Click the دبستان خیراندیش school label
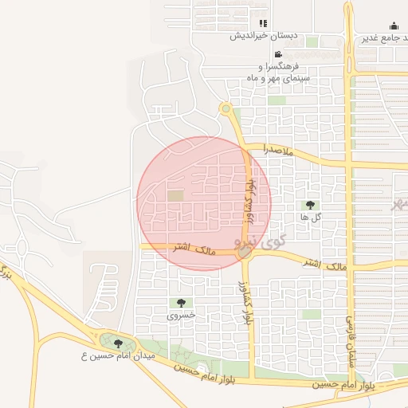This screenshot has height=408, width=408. click(264, 36)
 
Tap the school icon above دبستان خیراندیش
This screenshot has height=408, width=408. click(264, 23)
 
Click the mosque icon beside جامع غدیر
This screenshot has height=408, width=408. click(394, 25)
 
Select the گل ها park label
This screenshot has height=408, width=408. click(310, 217)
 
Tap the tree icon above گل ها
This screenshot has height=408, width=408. click(310, 205)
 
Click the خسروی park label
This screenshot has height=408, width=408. click(181, 315)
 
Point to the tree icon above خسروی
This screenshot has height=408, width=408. click(181, 303)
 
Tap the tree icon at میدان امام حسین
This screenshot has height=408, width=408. click(119, 344)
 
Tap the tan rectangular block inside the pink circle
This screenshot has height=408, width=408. click(175, 195)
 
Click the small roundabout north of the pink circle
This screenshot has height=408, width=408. click(226, 108)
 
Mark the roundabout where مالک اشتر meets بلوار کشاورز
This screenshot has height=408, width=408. click(244, 252)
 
